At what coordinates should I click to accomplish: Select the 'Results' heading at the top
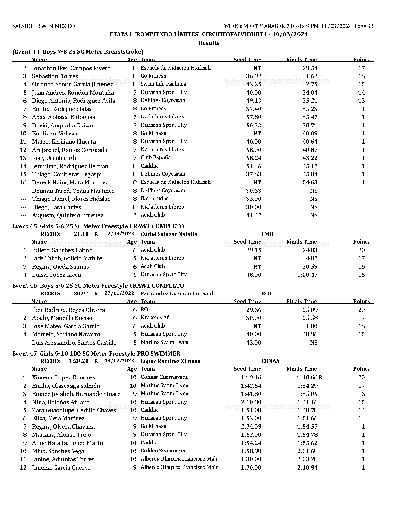click(x=209, y=43)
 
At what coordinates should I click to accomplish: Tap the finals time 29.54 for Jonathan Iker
click(x=310, y=68)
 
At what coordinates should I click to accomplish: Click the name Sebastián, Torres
click(x=55, y=76)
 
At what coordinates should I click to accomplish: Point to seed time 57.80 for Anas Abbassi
click(x=253, y=117)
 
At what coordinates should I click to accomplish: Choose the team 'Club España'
click(x=156, y=158)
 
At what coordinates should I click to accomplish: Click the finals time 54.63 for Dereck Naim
click(x=310, y=182)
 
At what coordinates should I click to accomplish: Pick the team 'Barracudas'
click(x=154, y=199)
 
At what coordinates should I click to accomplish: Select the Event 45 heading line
click(x=98, y=226)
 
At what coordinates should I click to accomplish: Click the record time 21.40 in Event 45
click(x=81, y=234)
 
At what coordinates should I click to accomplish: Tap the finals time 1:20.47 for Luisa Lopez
click(x=307, y=275)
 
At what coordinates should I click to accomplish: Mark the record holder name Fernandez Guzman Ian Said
click(x=177, y=294)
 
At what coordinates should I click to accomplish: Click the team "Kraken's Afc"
click(x=156, y=318)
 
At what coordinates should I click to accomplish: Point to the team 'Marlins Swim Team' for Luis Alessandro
click(x=164, y=342)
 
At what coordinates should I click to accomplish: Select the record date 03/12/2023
click(x=119, y=361)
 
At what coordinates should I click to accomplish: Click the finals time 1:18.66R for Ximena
click(x=309, y=377)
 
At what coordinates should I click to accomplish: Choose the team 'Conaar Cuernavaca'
click(x=164, y=377)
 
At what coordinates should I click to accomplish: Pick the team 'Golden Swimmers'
click(x=163, y=451)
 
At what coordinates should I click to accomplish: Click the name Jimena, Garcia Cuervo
click(x=61, y=468)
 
